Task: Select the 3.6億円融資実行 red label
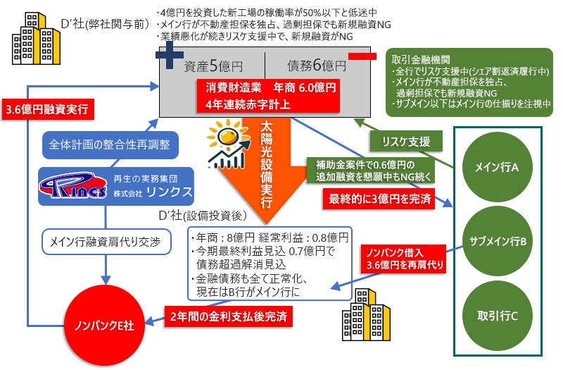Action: (x=46, y=110)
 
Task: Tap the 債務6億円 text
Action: (x=316, y=66)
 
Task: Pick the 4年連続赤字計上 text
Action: (x=238, y=104)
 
